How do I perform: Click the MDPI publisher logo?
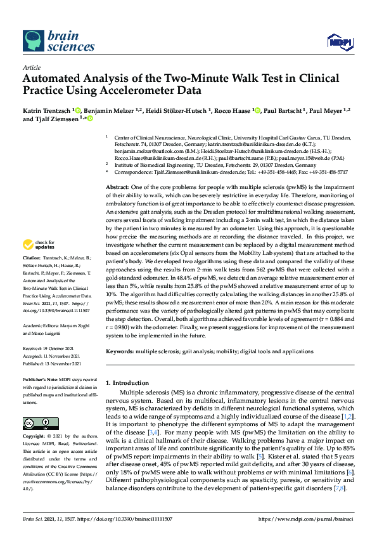tap(340, 42)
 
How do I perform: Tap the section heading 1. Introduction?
tap(131, 383)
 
